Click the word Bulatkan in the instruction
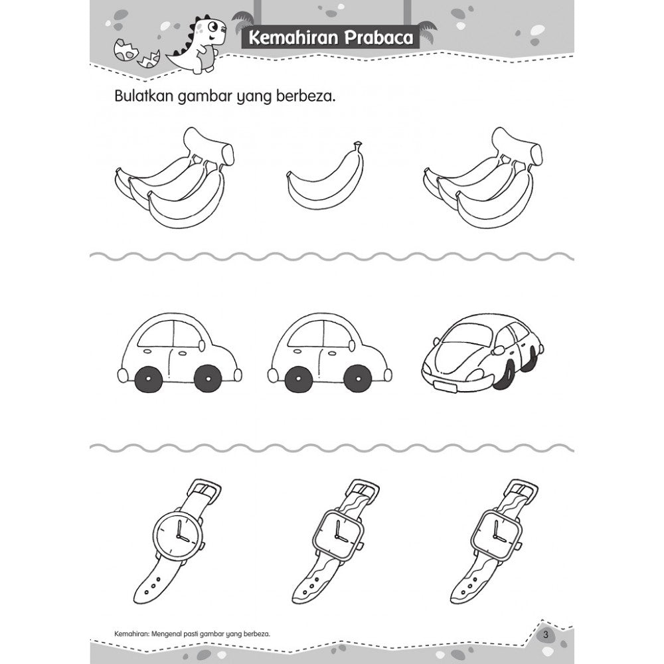pos(144,96)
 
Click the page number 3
pos(545,635)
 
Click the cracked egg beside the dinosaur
pos(126,49)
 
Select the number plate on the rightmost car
pos(445,386)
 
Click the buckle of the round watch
pos(204,489)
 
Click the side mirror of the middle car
pos(352,345)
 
